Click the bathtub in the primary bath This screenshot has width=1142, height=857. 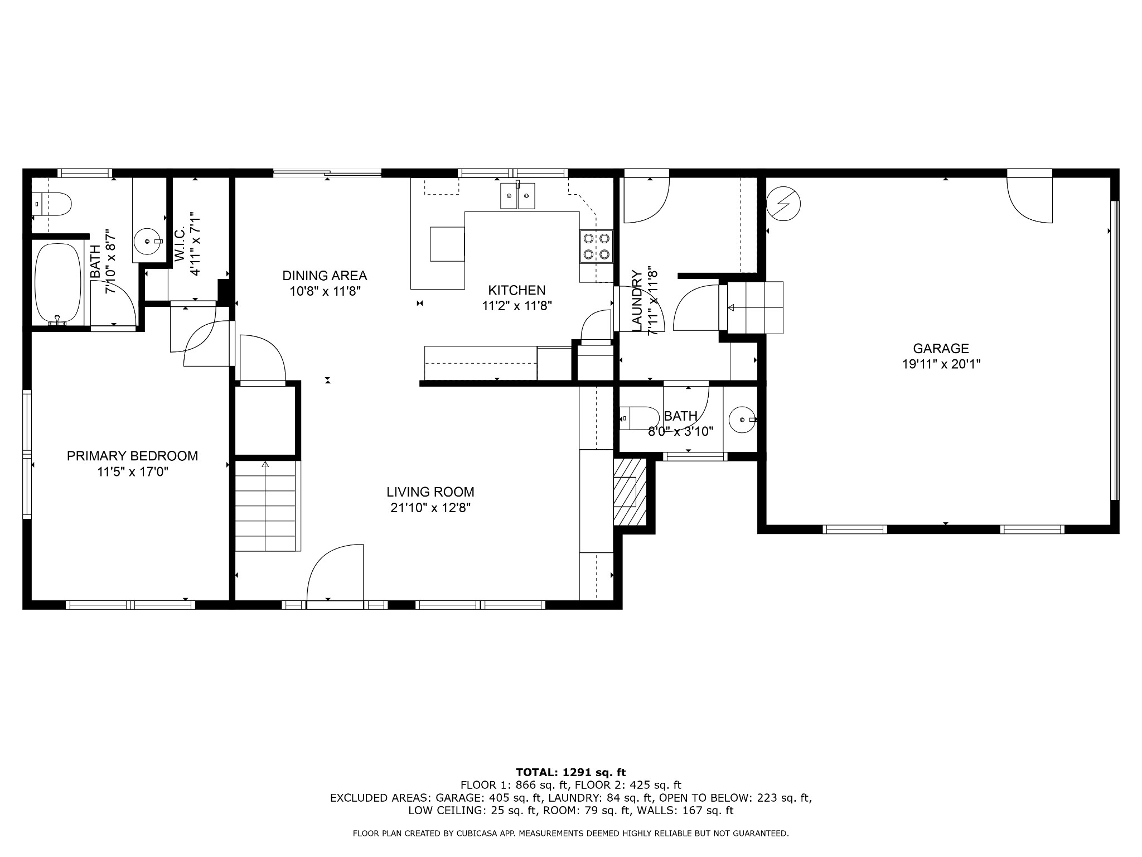click(x=57, y=283)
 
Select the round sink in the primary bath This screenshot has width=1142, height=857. click(x=148, y=241)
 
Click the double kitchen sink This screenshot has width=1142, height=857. click(x=518, y=195)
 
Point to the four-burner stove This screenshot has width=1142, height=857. click(x=596, y=246)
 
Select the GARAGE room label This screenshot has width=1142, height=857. click(x=941, y=349)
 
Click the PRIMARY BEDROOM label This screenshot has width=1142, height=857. click(x=133, y=456)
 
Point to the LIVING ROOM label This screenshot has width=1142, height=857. click(x=430, y=492)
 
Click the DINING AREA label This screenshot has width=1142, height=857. click(x=325, y=276)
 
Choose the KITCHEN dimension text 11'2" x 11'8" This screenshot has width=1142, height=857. click(x=517, y=306)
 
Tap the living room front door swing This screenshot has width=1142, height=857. click(x=335, y=572)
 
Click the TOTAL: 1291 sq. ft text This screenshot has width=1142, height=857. click(x=570, y=773)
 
